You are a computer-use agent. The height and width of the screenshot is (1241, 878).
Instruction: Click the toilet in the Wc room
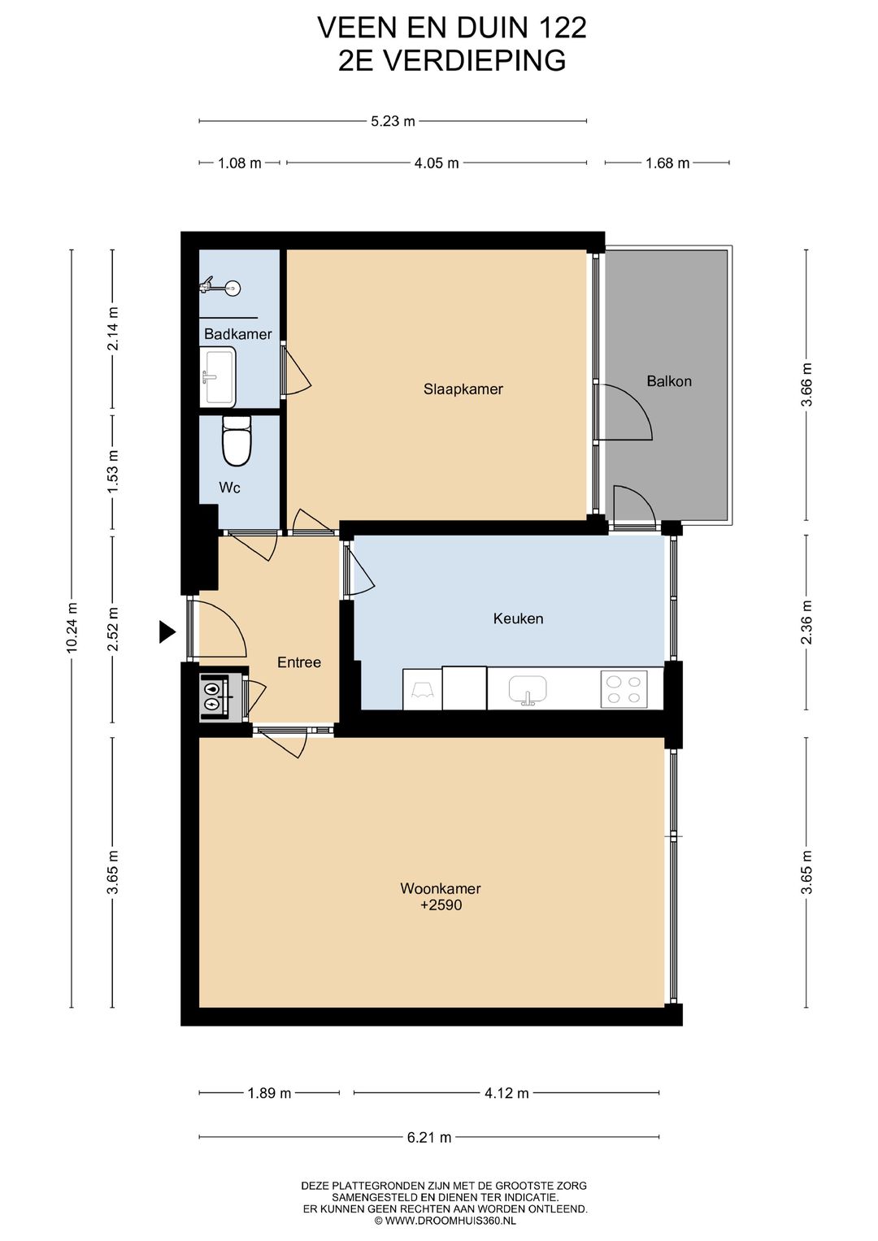(x=237, y=440)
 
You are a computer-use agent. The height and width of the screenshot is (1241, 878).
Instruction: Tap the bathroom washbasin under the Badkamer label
(x=218, y=377)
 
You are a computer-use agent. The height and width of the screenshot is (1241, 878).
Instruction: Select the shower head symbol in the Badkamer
(x=220, y=286)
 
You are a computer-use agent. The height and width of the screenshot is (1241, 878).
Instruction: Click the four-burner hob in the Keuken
(x=624, y=688)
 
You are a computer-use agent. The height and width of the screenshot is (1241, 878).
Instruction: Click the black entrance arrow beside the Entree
(x=167, y=631)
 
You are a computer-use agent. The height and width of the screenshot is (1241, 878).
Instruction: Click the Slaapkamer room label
(x=463, y=389)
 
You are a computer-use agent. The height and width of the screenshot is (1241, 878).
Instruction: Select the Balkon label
(x=669, y=381)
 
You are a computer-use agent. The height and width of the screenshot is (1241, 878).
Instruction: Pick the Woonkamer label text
(x=440, y=888)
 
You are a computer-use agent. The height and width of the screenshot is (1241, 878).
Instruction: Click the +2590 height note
(x=441, y=905)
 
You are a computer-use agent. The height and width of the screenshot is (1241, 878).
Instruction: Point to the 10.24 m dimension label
(x=72, y=627)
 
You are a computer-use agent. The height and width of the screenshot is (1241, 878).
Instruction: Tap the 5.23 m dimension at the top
(x=393, y=121)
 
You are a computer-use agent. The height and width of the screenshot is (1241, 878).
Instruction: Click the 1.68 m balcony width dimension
(x=667, y=163)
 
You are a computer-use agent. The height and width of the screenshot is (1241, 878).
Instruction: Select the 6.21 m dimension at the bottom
(x=429, y=1138)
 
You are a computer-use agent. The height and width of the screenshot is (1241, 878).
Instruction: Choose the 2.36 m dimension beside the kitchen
(x=806, y=623)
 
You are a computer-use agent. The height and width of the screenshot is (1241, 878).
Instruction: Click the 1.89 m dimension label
(x=269, y=1093)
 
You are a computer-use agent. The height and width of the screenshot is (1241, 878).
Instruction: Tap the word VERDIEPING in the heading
(x=475, y=60)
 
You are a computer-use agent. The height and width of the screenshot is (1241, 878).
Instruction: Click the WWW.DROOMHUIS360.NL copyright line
(x=446, y=1221)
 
